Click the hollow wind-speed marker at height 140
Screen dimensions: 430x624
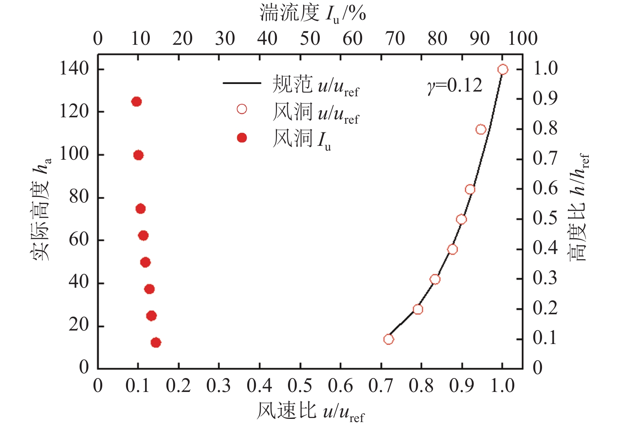tap(502, 70)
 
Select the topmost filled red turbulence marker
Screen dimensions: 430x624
tap(136, 102)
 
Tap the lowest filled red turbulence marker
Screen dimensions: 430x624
tap(156, 342)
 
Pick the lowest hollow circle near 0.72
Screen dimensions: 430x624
tap(388, 339)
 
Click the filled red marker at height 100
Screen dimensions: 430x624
tap(138, 155)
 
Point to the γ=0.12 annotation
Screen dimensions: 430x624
tap(454, 85)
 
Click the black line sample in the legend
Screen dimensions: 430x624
tap(242, 83)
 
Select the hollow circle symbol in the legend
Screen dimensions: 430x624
tap(242, 109)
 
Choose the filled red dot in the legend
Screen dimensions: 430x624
tap(242, 138)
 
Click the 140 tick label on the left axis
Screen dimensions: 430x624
tap(74, 69)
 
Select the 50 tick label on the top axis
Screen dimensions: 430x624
tap(310, 39)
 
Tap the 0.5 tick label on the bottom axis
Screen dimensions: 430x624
tap(300, 386)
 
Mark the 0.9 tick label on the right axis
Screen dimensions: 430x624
tap(545, 98)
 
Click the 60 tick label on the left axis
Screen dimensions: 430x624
tap(78, 240)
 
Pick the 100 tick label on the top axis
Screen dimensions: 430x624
tap(522, 39)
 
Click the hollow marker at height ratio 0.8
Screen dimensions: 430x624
tap(481, 130)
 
